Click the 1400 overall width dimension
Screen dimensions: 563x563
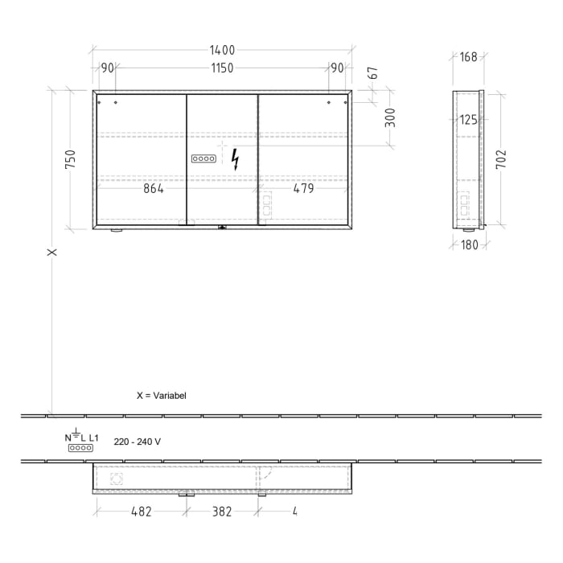(222, 50)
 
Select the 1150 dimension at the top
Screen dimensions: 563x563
(222, 68)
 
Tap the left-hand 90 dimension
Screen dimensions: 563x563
(107, 68)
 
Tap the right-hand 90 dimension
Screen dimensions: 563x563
(336, 68)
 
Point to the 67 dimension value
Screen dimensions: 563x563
(372, 73)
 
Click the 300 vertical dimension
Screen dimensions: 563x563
(391, 118)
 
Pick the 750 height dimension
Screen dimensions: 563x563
(71, 159)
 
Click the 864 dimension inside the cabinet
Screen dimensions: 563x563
(153, 189)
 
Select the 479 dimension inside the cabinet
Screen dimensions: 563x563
(303, 189)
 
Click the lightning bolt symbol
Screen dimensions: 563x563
(235, 159)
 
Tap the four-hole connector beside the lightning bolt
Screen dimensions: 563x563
(203, 159)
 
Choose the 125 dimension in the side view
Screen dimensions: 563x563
(468, 120)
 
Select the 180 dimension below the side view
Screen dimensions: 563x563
(470, 245)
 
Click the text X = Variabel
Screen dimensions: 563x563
(162, 397)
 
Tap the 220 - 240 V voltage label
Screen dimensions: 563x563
(137, 441)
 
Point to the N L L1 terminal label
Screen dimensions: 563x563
(81, 438)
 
